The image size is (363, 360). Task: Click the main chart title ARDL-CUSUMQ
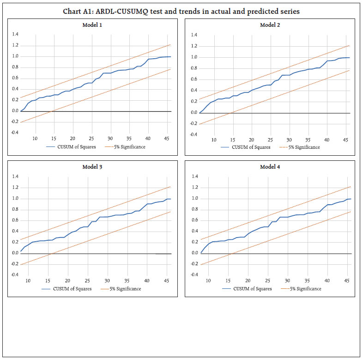pyautogui.click(x=181, y=11)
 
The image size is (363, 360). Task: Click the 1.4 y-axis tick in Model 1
pyautogui.click(x=15, y=34)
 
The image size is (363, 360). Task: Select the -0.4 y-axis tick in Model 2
pyautogui.click(x=194, y=134)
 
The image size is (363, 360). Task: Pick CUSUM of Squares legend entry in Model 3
pyautogui.click(x=73, y=289)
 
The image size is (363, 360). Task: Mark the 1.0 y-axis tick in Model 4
pyautogui.click(x=195, y=199)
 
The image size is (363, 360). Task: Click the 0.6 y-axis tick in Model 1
pyautogui.click(x=15, y=78)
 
